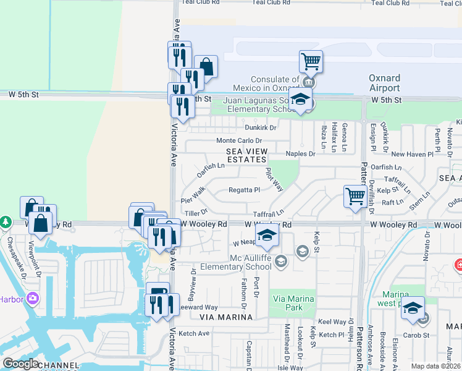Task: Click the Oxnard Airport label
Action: (x=385, y=83)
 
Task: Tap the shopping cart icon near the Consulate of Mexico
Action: (x=311, y=62)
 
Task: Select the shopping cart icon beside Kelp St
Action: (x=355, y=197)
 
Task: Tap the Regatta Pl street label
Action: (x=244, y=190)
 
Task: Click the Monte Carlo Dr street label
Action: (x=239, y=141)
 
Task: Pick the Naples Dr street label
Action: (x=300, y=153)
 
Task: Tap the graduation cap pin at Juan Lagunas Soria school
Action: (x=300, y=100)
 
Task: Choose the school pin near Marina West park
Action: (x=412, y=308)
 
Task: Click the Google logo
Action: (x=20, y=364)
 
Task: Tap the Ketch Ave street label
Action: (x=194, y=333)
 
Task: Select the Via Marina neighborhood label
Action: (x=226, y=317)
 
